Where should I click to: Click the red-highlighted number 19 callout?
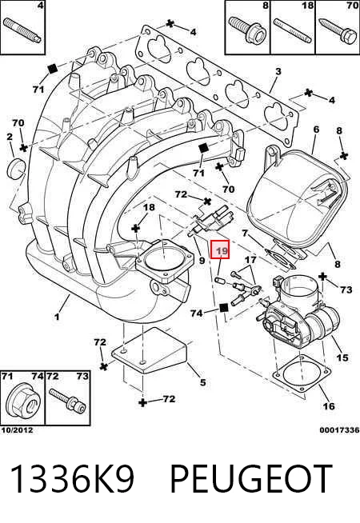click(x=220, y=250)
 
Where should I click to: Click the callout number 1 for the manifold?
click(x=57, y=316)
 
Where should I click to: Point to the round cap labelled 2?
click(x=16, y=169)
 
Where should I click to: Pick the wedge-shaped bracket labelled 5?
click(x=149, y=350)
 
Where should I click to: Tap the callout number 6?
click(x=316, y=129)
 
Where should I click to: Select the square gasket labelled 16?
click(x=302, y=373)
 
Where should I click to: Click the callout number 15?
click(x=342, y=357)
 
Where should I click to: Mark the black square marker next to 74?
click(x=223, y=308)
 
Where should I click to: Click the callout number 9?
click(x=202, y=260)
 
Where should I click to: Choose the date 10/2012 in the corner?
click(x=17, y=430)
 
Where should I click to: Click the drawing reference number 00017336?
click(x=339, y=430)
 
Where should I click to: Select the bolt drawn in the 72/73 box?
click(x=67, y=401)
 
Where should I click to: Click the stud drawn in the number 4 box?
click(x=22, y=30)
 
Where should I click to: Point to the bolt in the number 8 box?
click(x=247, y=30)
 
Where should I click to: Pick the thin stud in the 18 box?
click(x=292, y=30)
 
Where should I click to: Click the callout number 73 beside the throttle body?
click(x=346, y=289)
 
